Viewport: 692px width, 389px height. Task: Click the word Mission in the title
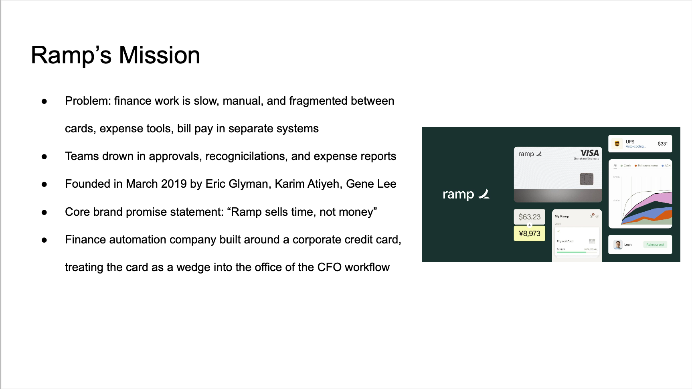coord(159,55)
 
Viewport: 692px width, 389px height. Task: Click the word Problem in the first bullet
coord(87,101)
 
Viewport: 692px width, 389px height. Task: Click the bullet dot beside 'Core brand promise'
coord(45,212)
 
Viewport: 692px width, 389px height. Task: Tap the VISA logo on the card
coord(589,153)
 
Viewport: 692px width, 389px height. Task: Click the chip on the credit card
coord(586,179)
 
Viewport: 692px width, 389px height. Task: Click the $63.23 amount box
coord(529,217)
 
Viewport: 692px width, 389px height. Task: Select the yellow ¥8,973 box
coord(529,233)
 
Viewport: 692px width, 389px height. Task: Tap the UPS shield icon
coord(617,144)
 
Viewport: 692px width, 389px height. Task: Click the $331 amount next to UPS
coord(662,144)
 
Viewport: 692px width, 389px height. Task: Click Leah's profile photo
coord(618,245)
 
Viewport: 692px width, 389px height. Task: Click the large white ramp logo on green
coord(465,194)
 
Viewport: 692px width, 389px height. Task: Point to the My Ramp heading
coord(562,217)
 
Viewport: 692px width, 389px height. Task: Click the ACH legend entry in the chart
coord(666,166)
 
